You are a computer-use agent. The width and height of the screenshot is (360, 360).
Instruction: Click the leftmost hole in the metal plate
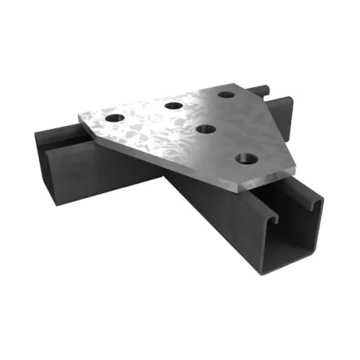click(x=114, y=117)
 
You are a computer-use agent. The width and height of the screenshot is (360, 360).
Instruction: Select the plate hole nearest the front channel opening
click(x=246, y=157)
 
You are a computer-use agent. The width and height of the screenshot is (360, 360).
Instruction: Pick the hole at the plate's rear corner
click(x=227, y=94)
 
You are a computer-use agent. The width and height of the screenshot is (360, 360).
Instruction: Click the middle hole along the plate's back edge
click(x=172, y=106)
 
